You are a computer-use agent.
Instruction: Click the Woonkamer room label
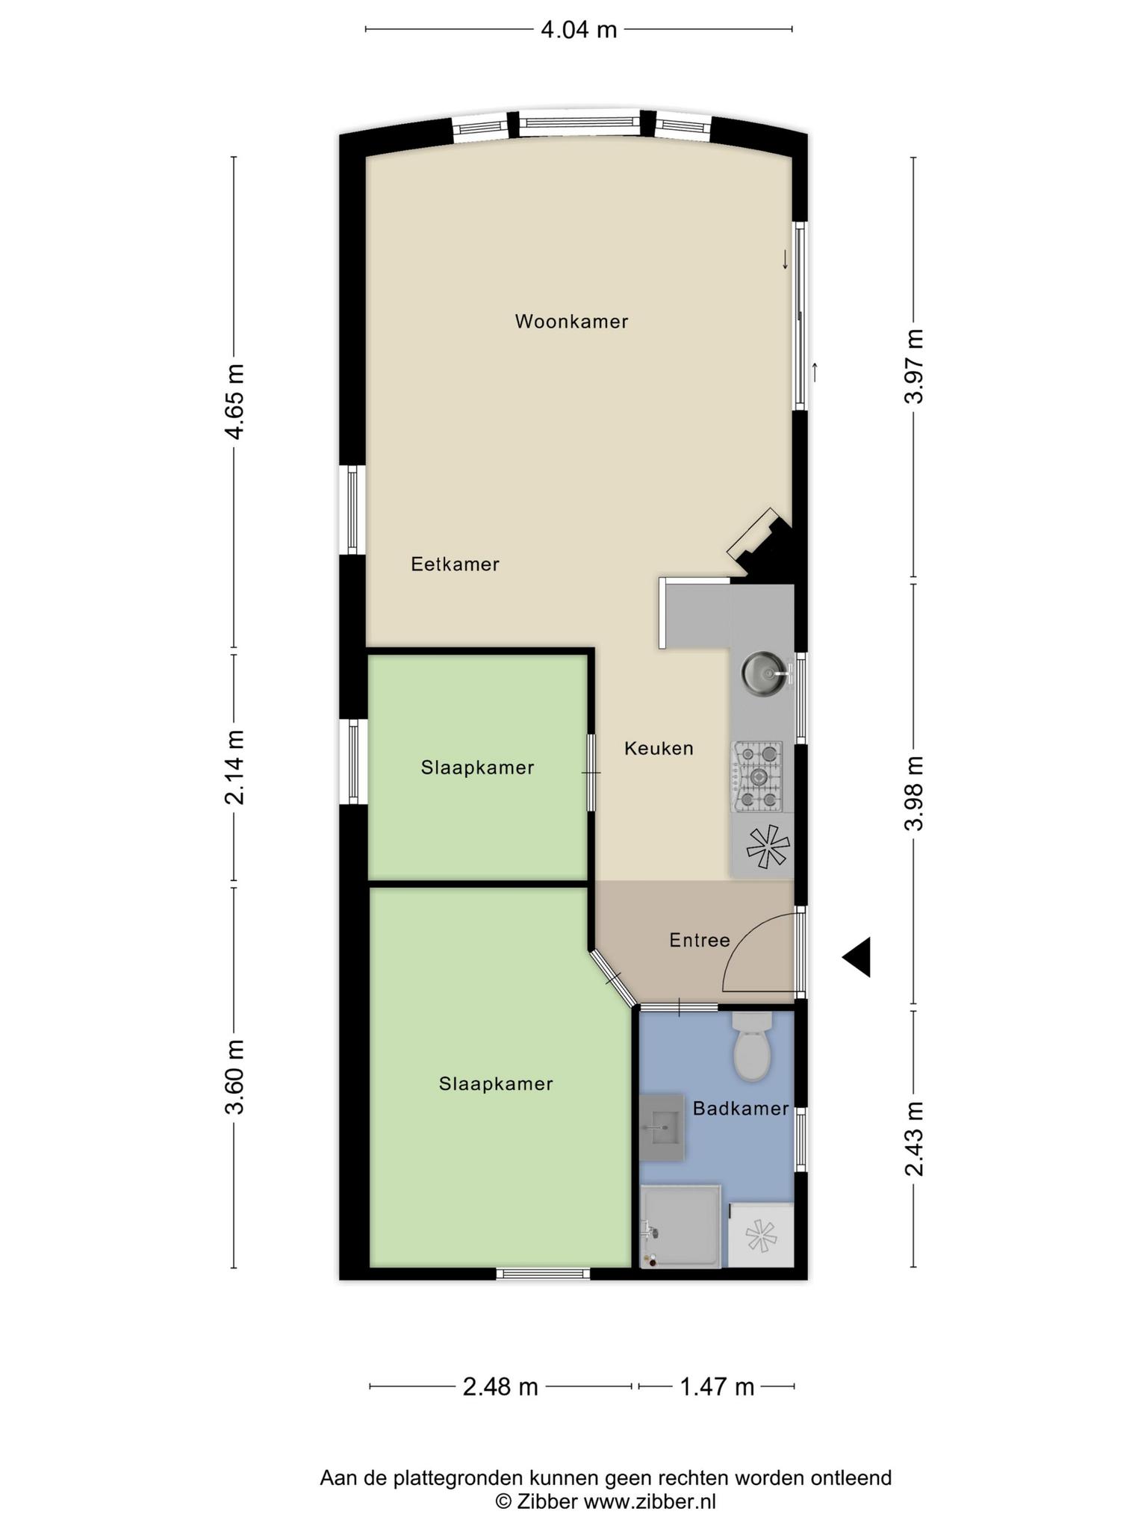(x=571, y=322)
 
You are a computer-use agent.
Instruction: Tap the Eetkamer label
(x=455, y=564)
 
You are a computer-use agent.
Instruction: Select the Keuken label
(x=659, y=748)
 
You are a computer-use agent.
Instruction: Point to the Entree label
(x=699, y=940)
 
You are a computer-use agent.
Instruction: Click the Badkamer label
(x=741, y=1109)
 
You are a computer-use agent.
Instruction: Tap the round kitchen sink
(x=763, y=672)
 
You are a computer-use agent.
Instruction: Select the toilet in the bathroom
(x=752, y=1046)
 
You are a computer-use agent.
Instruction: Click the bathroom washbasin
(x=662, y=1127)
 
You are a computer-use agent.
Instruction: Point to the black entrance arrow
(x=857, y=957)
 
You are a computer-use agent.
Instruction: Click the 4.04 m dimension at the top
(x=579, y=30)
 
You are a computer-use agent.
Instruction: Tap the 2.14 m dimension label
(x=234, y=767)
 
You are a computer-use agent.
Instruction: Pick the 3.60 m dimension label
(x=234, y=1077)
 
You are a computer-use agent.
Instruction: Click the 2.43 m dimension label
(x=915, y=1139)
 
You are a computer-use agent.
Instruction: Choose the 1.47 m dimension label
(x=717, y=1387)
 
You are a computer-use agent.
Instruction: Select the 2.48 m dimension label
(x=500, y=1387)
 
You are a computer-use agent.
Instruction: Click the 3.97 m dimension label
(x=915, y=367)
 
